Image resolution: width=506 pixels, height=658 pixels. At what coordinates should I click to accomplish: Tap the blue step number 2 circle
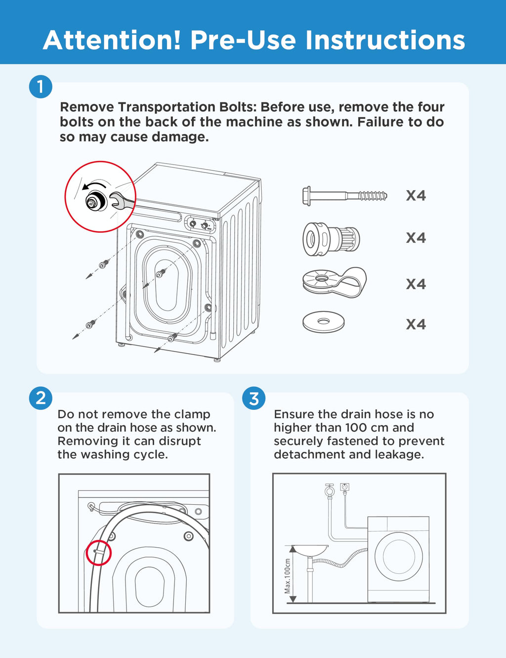41,398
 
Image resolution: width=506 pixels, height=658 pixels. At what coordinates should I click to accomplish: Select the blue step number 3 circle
254,398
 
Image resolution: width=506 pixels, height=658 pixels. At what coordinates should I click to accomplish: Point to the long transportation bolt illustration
344,196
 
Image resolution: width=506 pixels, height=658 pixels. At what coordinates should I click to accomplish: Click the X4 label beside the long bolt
416,196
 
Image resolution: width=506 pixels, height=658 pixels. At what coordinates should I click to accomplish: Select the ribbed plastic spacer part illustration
331,239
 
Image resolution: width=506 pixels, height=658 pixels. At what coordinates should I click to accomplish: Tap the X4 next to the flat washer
416,324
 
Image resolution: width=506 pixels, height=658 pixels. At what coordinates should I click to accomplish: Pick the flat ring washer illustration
323,322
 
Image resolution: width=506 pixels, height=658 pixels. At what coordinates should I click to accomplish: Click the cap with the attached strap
334,282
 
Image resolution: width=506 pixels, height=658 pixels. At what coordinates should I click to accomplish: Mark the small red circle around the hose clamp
98,552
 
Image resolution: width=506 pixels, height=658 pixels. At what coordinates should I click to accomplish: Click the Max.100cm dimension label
287,576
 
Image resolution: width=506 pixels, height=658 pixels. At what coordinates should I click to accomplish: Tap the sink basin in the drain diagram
309,550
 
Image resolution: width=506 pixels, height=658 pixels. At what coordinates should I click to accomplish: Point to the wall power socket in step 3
345,487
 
